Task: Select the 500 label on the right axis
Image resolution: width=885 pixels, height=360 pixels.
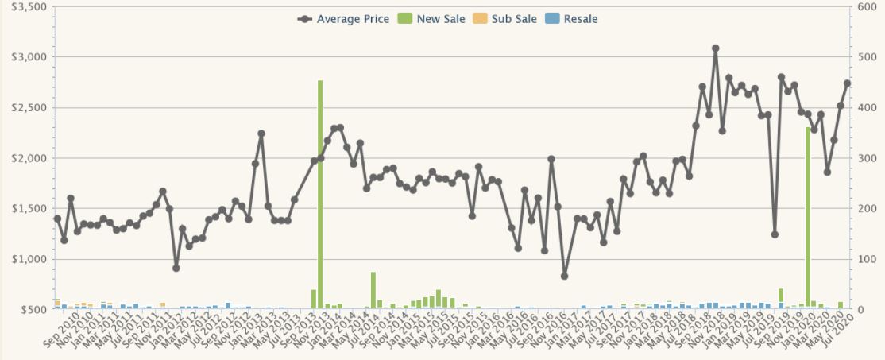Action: pyautogui.click(x=866, y=57)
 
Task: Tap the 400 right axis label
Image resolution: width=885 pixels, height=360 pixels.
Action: pyautogui.click(x=866, y=107)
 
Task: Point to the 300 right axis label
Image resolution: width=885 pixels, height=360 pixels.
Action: pyautogui.click(x=866, y=158)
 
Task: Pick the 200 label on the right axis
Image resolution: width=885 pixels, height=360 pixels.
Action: pyautogui.click(x=866, y=208)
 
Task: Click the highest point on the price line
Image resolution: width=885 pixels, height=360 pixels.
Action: pyautogui.click(x=715, y=48)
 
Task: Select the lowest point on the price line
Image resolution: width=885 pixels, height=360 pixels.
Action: pyautogui.click(x=564, y=276)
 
